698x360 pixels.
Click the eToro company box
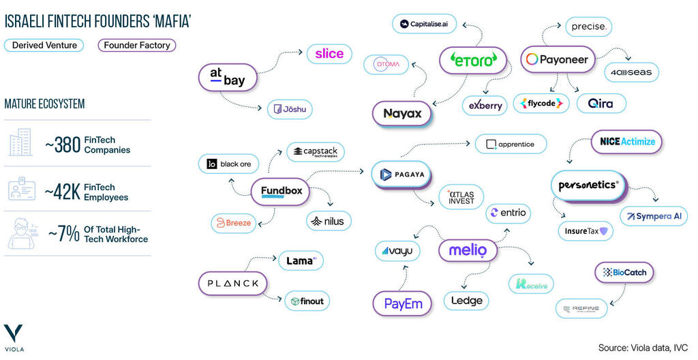click(473, 60)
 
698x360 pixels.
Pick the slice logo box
click(329, 54)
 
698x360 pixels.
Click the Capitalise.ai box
click(424, 24)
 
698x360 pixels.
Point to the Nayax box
click(402, 114)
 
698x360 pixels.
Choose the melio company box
click(468, 250)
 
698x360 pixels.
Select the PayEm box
click(404, 303)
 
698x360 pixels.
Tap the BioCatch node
click(624, 273)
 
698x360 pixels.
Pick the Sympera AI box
click(654, 216)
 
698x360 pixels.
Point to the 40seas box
click(631, 72)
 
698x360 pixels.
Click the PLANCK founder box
click(232, 283)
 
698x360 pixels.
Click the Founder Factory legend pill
click(136, 46)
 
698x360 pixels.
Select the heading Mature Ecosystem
click(44, 104)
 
